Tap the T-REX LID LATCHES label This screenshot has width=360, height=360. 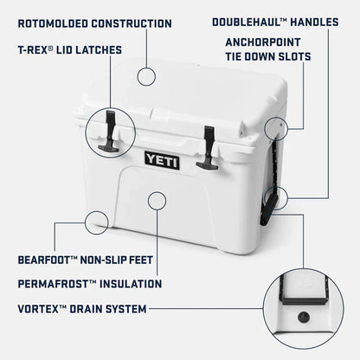[x=68, y=50]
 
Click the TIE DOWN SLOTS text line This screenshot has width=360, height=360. [x=268, y=57]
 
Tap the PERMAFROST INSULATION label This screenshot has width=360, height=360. [x=89, y=283]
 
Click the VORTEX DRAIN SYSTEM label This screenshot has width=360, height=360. [x=81, y=307]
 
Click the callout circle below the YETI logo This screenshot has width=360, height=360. [x=157, y=202]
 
